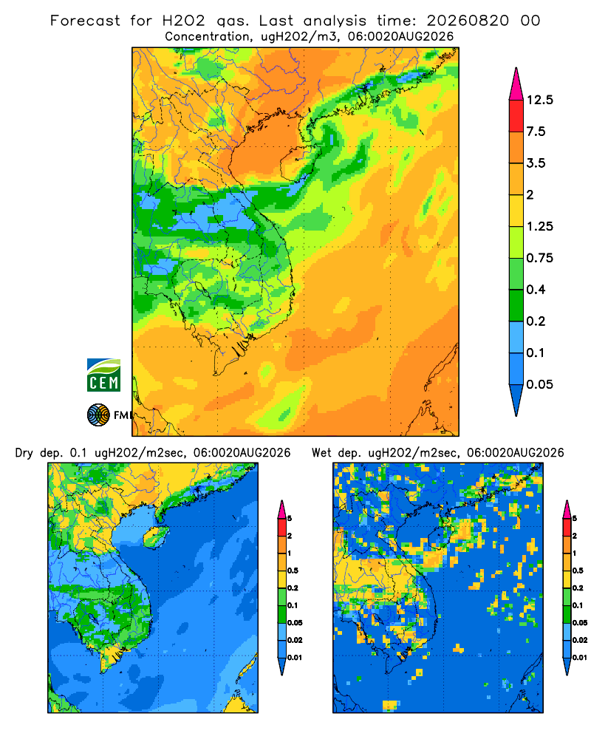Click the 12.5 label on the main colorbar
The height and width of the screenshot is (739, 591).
(x=539, y=100)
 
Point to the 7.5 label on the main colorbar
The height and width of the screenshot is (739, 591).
(x=536, y=132)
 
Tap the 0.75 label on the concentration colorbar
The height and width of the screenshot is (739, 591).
(x=539, y=258)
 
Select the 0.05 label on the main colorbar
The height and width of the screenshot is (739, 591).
(x=539, y=384)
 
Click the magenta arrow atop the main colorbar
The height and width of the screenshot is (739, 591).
(x=516, y=84)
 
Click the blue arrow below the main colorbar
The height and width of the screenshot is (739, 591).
(x=516, y=400)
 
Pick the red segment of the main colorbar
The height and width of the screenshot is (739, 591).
(x=516, y=116)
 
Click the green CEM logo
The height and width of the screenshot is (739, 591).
(x=103, y=375)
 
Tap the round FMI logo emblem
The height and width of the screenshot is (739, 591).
(x=98, y=415)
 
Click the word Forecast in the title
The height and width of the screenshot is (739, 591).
(x=85, y=21)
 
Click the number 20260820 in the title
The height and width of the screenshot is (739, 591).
(x=468, y=21)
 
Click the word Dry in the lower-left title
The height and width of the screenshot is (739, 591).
(x=24, y=454)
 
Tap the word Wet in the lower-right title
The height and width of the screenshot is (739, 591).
(x=322, y=453)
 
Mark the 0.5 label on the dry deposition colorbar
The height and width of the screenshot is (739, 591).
(x=293, y=571)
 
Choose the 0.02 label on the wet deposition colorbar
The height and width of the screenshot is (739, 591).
(x=580, y=640)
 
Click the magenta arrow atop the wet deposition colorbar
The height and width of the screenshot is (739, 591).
(x=567, y=509)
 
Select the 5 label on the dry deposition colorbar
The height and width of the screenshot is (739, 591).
(x=290, y=519)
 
